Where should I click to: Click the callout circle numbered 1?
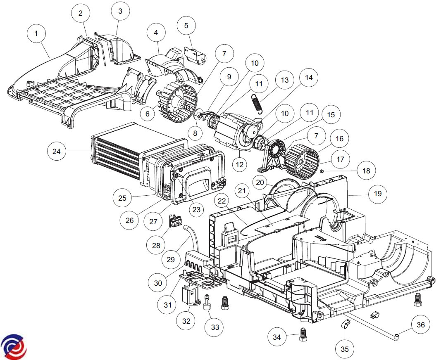[x=36, y=33]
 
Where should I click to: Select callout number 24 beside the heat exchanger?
[x=57, y=152]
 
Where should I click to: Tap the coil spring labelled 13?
[x=256, y=104]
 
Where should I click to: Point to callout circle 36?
[x=420, y=325]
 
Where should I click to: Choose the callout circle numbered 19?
[x=377, y=194]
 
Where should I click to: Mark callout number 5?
[x=186, y=26]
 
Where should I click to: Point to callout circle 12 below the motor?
[x=239, y=164]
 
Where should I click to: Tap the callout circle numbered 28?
[x=156, y=245]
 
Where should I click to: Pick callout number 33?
[x=215, y=327]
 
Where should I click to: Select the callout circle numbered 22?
[x=222, y=201]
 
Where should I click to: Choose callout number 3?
[x=120, y=11]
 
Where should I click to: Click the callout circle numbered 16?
[x=339, y=139]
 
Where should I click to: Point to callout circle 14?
[x=308, y=78]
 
